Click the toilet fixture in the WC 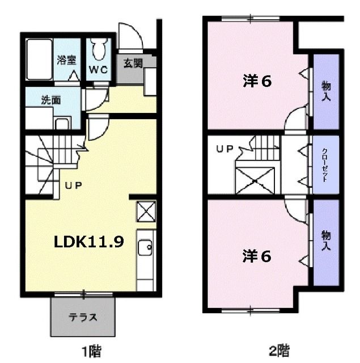point(100,50)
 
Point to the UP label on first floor point(73,185)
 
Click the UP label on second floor point(225,149)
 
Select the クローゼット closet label point(325,164)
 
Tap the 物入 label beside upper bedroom point(326,91)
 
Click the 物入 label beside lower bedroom point(326,241)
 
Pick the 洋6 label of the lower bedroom point(256,256)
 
